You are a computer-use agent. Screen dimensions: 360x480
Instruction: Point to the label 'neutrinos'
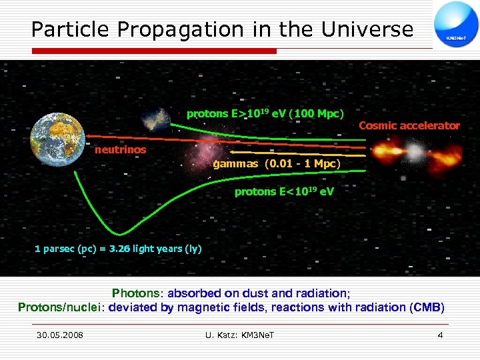point(120,150)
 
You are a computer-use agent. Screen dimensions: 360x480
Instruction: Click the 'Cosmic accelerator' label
point(409,125)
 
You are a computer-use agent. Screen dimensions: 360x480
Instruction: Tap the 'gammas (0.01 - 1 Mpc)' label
point(276,164)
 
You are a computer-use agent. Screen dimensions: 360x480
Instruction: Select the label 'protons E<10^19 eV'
point(284,192)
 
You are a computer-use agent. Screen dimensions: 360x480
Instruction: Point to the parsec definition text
point(117,249)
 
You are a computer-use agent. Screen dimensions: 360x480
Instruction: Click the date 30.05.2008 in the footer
point(60,335)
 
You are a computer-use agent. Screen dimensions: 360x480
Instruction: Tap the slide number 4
point(439,335)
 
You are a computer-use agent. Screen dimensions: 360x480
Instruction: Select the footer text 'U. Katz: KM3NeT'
point(240,335)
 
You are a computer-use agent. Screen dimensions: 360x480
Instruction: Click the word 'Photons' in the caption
point(136,293)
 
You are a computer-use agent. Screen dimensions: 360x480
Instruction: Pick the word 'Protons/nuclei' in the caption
point(60,307)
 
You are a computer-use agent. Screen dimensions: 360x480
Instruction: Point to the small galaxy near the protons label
point(157,119)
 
